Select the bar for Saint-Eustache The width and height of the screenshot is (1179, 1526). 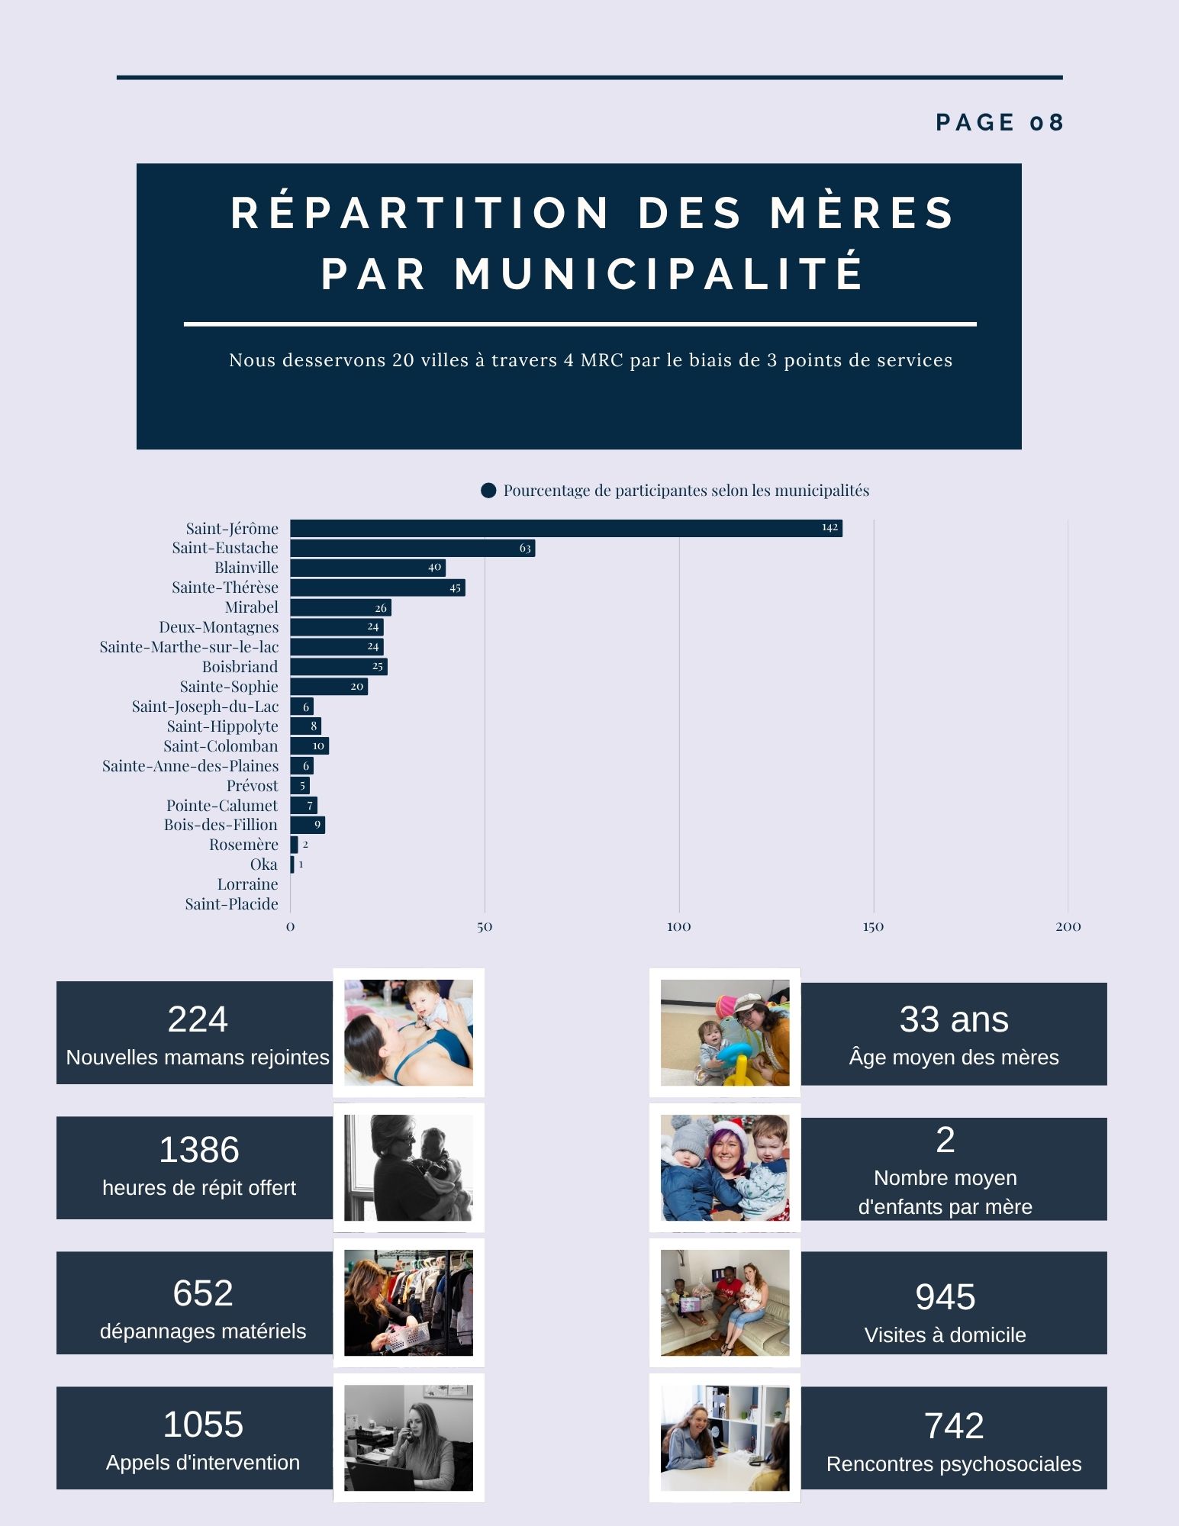point(412,548)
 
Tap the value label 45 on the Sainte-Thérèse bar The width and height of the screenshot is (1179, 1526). point(455,588)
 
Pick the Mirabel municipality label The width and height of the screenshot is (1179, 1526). point(251,607)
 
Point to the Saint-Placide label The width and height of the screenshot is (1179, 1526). point(231,904)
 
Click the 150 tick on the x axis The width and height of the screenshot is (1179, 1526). point(873,927)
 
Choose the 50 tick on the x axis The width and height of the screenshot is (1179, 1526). point(485,927)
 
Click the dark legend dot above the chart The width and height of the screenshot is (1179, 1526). point(488,491)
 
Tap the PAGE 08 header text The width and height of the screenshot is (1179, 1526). point(999,123)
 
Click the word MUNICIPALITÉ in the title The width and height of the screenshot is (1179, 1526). point(660,274)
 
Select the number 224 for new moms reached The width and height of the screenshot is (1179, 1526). point(198,1019)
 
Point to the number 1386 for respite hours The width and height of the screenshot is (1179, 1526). point(199,1150)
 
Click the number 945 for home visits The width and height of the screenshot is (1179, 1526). point(945,1297)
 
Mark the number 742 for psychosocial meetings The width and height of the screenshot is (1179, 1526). point(953,1426)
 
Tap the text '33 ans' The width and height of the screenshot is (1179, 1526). point(953,1019)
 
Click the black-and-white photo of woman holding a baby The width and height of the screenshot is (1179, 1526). point(408,1167)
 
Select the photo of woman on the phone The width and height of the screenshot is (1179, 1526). point(408,1437)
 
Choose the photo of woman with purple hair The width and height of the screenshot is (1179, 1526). point(724,1167)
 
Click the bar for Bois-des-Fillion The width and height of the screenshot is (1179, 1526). point(308,825)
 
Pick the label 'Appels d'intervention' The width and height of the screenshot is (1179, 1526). point(202,1463)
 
